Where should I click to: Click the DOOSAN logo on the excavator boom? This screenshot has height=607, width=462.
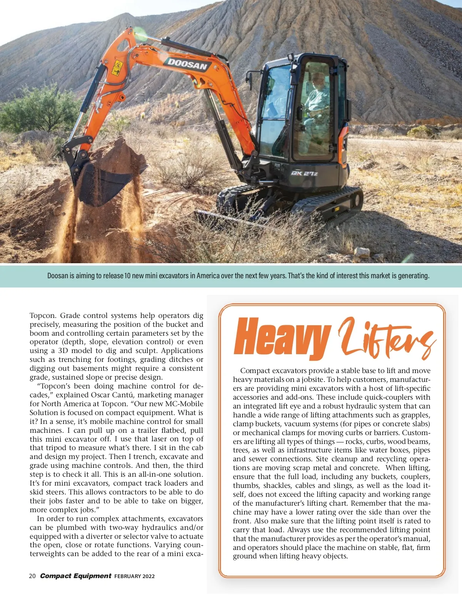click(x=187, y=64)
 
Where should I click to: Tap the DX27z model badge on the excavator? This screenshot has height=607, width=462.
click(x=304, y=173)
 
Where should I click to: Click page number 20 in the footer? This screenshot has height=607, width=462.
click(x=32, y=576)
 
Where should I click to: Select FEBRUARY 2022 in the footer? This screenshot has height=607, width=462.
click(x=134, y=577)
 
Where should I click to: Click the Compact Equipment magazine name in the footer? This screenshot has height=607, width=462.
click(x=75, y=576)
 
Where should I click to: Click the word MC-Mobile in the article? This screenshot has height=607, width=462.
click(x=184, y=404)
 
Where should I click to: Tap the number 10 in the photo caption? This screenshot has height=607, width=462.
click(x=128, y=276)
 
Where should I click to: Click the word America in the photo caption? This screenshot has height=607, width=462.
click(x=208, y=276)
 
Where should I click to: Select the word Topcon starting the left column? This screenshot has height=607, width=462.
click(x=42, y=316)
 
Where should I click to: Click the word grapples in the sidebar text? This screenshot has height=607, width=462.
click(x=413, y=415)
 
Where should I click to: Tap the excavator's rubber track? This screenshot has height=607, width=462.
click(x=327, y=202)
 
